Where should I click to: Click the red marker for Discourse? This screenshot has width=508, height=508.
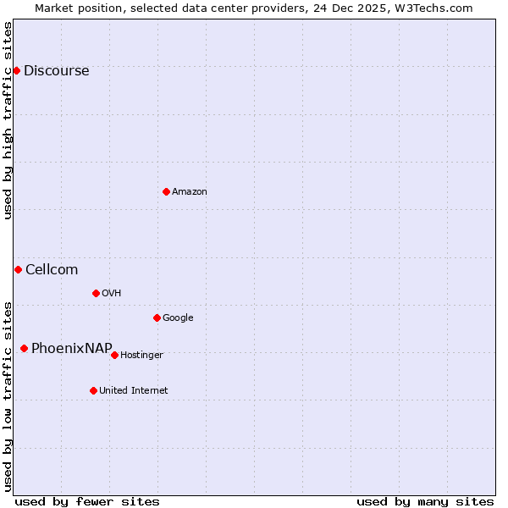point(16,70)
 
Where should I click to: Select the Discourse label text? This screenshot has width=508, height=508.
point(56,71)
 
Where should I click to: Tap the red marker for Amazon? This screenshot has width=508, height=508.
point(166,191)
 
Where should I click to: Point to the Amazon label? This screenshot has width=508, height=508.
point(190,192)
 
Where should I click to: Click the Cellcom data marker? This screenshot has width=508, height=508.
point(18,269)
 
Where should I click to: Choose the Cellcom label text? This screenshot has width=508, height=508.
point(52,270)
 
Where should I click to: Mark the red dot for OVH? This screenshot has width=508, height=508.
point(96,293)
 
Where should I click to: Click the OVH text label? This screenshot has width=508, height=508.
point(111,294)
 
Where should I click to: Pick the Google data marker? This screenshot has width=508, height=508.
point(157,317)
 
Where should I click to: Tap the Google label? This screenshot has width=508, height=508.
point(178,318)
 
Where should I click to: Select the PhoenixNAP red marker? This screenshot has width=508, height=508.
point(24,348)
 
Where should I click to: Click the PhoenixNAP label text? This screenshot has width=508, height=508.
point(72,349)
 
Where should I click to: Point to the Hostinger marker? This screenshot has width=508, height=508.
point(114,355)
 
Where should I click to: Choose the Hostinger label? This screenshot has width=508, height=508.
point(141,356)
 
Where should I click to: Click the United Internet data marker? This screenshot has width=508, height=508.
point(93,390)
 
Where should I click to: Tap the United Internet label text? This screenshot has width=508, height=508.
point(133,391)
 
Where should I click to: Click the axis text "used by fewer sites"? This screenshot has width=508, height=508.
point(87,501)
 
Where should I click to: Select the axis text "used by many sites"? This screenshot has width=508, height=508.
point(425,501)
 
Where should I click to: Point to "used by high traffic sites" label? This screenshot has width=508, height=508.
point(8,120)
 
